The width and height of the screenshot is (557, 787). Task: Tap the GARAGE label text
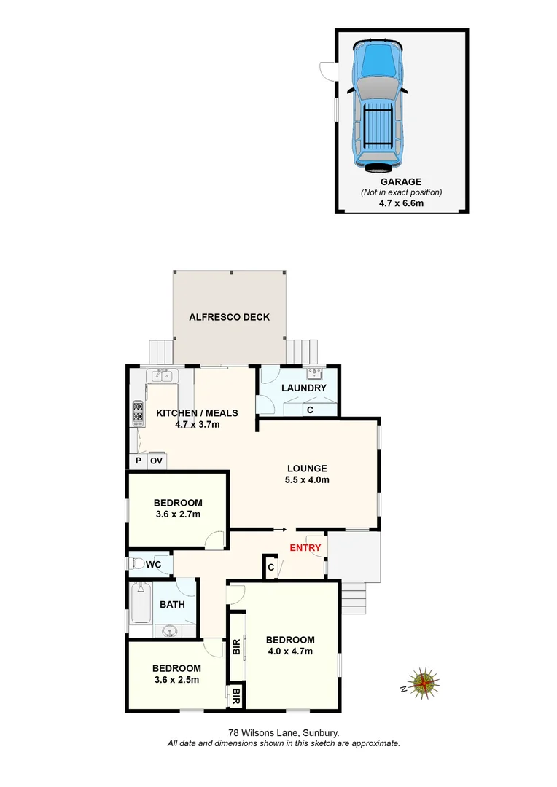click(x=401, y=181)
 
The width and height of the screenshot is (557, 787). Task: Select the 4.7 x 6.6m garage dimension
click(x=401, y=203)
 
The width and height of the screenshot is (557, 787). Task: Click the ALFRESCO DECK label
click(x=229, y=317)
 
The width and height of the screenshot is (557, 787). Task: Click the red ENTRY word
click(x=305, y=547)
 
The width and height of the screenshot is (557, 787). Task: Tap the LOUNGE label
click(x=306, y=469)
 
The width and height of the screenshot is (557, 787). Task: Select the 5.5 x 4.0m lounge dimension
click(x=306, y=480)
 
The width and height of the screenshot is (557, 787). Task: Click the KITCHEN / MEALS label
click(x=197, y=413)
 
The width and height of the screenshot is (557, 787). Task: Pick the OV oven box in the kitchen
click(x=157, y=461)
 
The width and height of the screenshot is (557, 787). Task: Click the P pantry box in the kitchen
click(x=137, y=461)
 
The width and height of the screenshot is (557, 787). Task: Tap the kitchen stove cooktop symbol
click(x=137, y=413)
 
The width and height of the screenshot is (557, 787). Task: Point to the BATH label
click(x=172, y=604)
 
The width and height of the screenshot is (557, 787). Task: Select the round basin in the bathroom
click(x=170, y=632)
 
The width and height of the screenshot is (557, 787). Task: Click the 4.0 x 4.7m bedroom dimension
click(x=290, y=651)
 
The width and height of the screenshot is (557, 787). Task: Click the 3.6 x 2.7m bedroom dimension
click(x=177, y=514)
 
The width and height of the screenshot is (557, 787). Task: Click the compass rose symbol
click(x=424, y=684)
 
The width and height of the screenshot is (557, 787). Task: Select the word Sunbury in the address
click(x=321, y=733)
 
